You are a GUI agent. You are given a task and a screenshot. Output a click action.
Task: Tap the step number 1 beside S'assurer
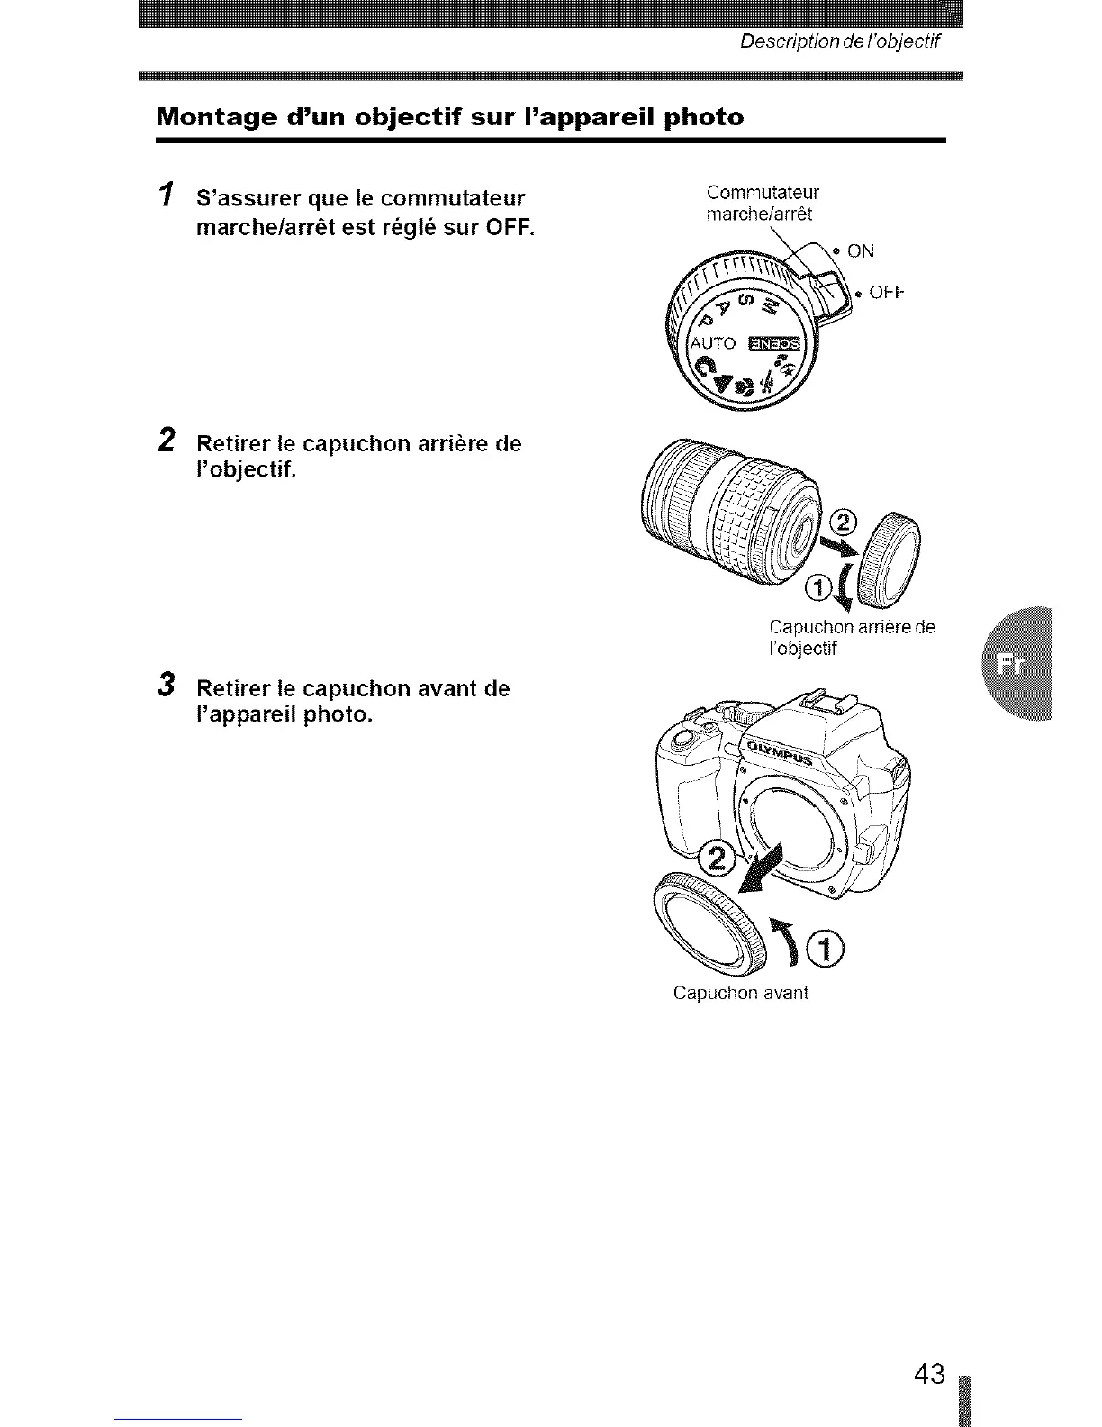pyautogui.click(x=165, y=195)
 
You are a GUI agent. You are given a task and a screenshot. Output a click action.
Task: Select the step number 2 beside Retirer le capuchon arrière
pyautogui.click(x=166, y=441)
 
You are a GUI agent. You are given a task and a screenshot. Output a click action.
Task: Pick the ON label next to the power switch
pyautogui.click(x=861, y=251)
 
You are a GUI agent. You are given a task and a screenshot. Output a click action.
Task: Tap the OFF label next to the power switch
pyautogui.click(x=886, y=293)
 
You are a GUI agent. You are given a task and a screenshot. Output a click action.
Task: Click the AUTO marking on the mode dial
pyautogui.click(x=713, y=344)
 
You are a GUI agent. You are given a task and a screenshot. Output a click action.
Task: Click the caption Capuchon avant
pyautogui.click(x=740, y=993)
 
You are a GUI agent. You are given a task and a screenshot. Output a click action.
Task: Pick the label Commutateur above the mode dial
pyautogui.click(x=763, y=193)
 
